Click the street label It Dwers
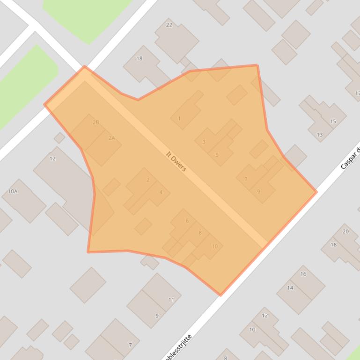[176, 161]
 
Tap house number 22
[169, 25]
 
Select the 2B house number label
[96, 122]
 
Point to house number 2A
[111, 138]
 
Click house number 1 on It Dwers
[179, 119]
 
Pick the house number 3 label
[204, 142]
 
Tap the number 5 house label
[217, 155]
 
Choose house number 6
[187, 221]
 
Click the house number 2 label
[148, 180]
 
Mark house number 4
[161, 192]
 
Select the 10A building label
[13, 192]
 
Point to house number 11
[171, 300]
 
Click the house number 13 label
[320, 135]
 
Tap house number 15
[333, 122]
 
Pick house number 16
[303, 274]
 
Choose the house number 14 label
[290, 288]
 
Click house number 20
[346, 231]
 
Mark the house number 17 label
[357, 94]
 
